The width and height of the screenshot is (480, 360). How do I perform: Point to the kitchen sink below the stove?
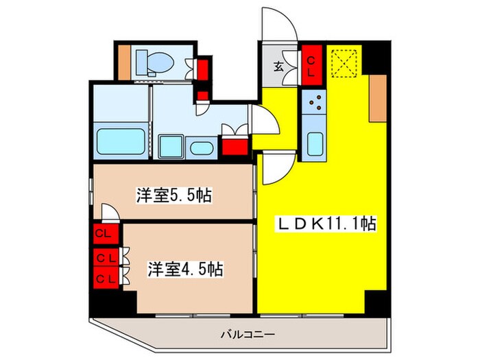coord(315,143)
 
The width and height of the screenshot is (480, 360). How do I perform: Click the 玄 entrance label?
coord(280,67)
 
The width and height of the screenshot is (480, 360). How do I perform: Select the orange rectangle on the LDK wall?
coord(377,98)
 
